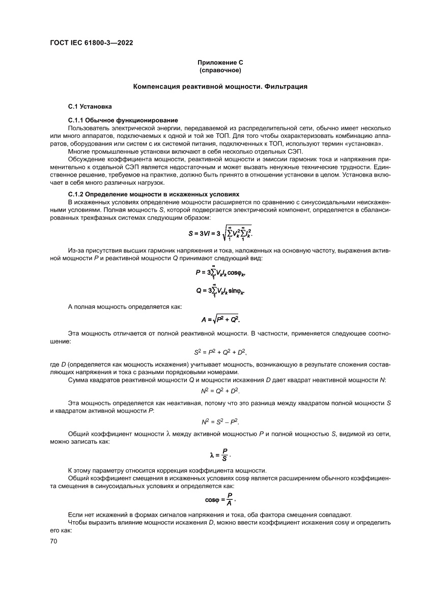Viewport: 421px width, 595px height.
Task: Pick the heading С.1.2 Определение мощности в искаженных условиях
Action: click(x=153, y=194)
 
